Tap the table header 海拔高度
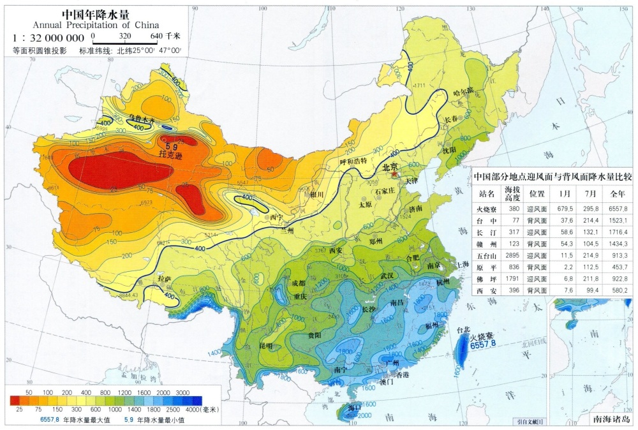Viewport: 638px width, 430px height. pyautogui.click(x=513, y=193)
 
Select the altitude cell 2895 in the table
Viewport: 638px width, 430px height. pyautogui.click(x=513, y=255)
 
